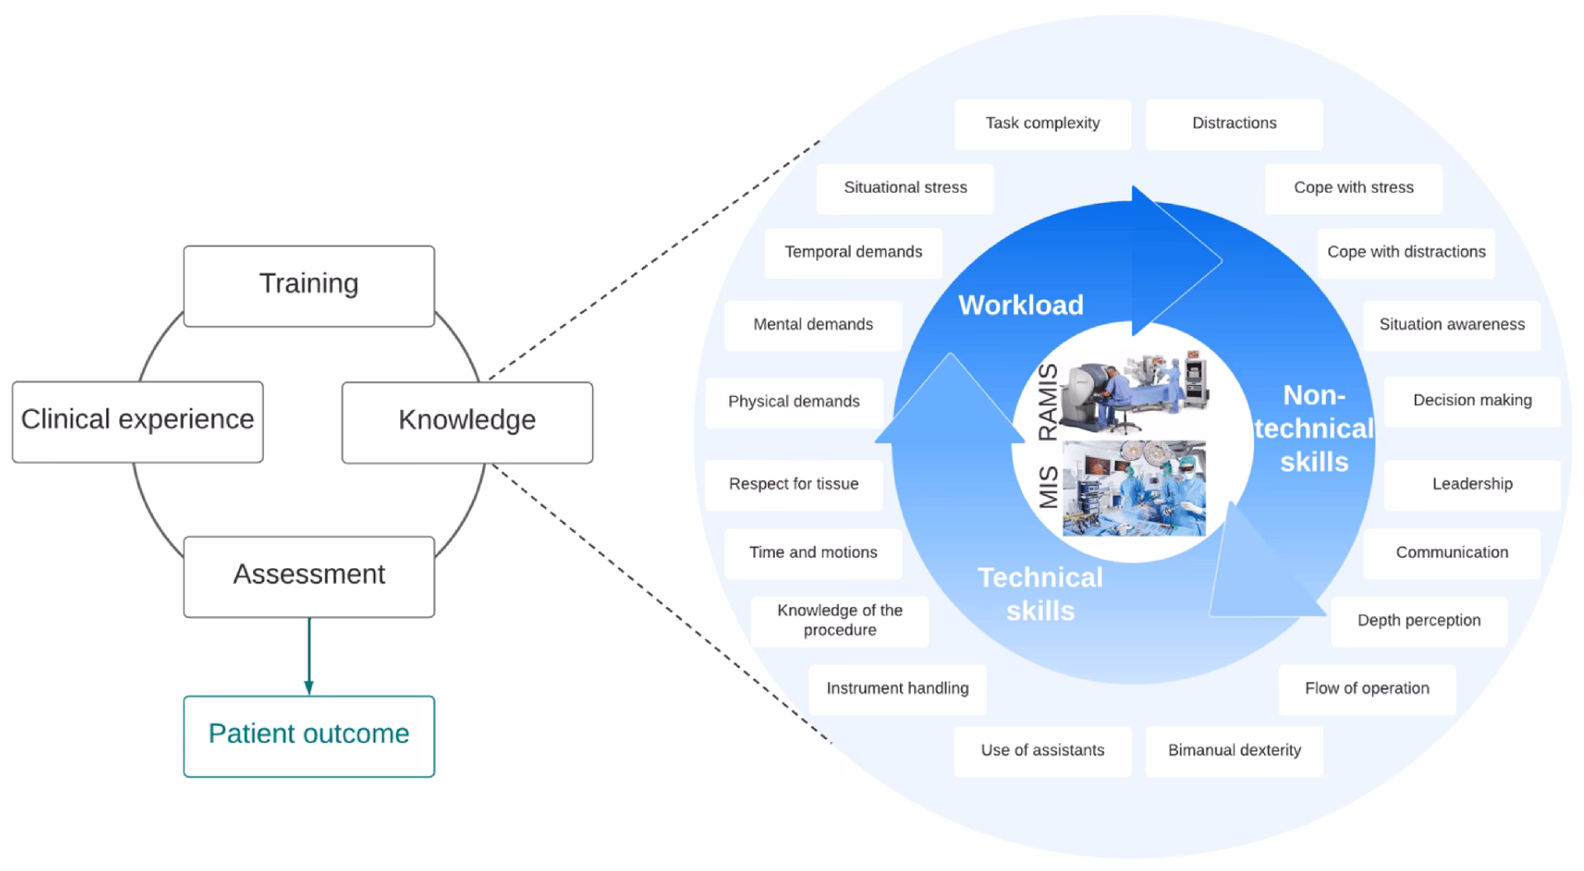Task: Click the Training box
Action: [x=309, y=285]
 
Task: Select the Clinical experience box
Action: [x=137, y=421]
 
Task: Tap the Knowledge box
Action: [x=467, y=421]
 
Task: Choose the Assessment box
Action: [x=309, y=576]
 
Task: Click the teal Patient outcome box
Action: [x=309, y=735]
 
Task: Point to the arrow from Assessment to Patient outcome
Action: [x=309, y=657]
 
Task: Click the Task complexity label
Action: [x=1042, y=124]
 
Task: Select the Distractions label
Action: [x=1233, y=124]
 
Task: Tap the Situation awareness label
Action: [x=1451, y=325]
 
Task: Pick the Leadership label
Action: [x=1472, y=484]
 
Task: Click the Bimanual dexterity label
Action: [x=1233, y=751]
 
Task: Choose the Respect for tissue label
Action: [x=794, y=484]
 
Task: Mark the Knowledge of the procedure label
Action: [x=840, y=620]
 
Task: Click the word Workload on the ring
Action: [x=1021, y=305]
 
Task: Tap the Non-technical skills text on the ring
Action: [x=1313, y=429]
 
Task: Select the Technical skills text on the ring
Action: [x=1039, y=594]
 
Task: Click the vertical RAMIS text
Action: [x=1047, y=402]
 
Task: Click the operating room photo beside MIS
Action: [x=1134, y=488]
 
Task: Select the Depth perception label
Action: [x=1418, y=620]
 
